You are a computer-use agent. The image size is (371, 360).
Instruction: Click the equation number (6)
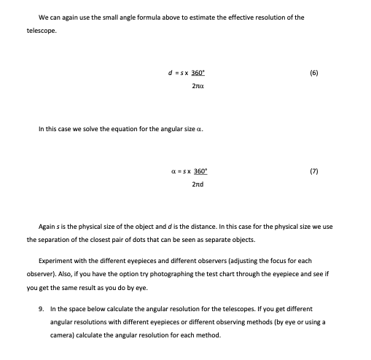click(335, 74)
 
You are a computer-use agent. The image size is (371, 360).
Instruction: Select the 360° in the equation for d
click(198, 74)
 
